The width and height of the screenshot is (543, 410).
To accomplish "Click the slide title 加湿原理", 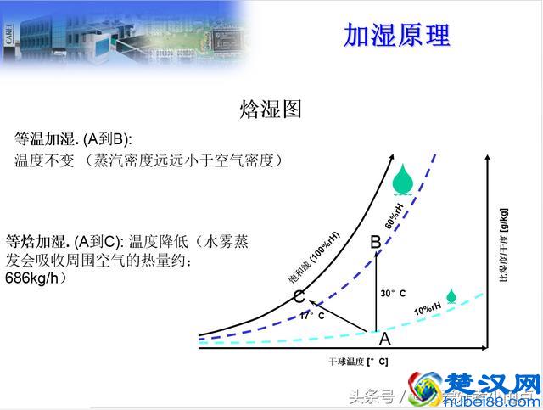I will click(x=396, y=35).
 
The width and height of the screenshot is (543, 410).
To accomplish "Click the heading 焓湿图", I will click(x=271, y=109).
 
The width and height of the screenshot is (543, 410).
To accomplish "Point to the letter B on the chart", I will click(x=376, y=243).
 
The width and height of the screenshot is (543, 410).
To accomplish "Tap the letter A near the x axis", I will click(x=384, y=340).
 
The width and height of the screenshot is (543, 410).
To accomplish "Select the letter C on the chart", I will click(x=299, y=297).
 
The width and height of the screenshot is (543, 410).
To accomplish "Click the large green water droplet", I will click(x=404, y=180).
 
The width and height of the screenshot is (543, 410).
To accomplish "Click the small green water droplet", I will click(x=452, y=296).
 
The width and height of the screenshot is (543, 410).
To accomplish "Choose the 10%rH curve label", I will click(x=428, y=308).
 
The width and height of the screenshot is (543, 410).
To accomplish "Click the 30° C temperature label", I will click(x=393, y=294).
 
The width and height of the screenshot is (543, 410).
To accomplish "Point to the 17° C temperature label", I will click(x=311, y=315).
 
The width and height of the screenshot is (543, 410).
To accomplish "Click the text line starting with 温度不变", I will click(x=148, y=160).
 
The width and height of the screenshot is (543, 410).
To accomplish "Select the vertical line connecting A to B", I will click(x=376, y=293).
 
